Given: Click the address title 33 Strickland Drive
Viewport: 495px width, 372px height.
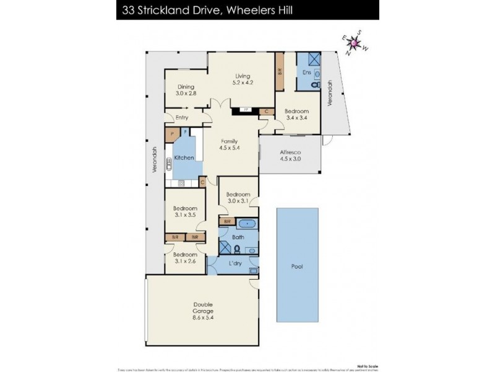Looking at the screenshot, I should pos(205,9).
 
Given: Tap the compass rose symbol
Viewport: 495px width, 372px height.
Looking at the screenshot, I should pos(354,43).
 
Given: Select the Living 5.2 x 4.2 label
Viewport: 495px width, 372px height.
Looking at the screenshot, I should pos(243,79).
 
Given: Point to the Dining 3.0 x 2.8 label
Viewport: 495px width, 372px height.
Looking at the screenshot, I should pos(186,90).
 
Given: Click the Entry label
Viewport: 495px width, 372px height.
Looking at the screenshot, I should pos(182,118).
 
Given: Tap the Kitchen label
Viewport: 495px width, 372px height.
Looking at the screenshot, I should pos(184,158).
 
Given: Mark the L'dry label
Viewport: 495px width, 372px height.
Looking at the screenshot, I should pos(235,264).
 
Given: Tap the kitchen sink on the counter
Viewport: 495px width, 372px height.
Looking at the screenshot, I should pos(169,165).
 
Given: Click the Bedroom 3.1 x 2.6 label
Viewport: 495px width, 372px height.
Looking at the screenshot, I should pos(185,258).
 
